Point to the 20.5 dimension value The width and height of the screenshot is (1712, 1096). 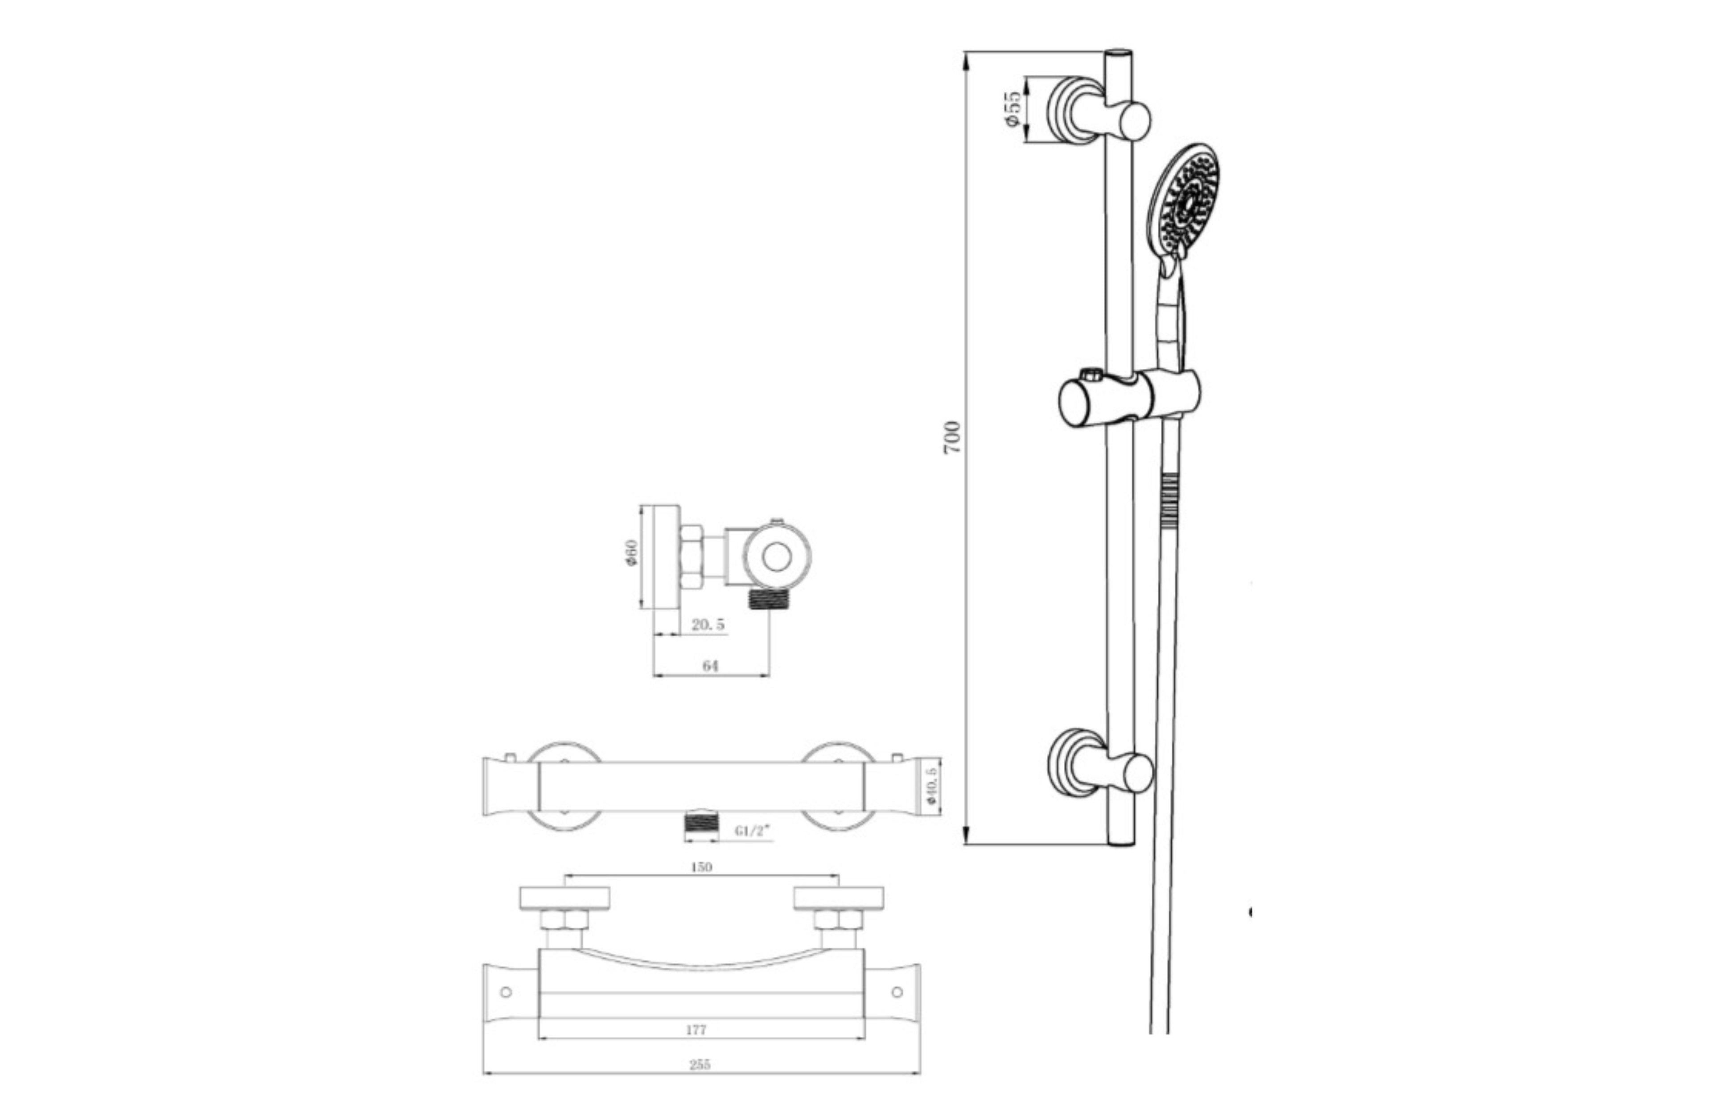point(708,624)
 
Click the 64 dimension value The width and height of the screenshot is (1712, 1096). point(710,665)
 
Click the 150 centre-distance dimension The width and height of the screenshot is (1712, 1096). point(701,867)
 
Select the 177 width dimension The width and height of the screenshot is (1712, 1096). point(696,1029)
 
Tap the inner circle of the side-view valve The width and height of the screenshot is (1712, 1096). point(777,556)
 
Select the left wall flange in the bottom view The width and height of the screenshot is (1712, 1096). point(564,898)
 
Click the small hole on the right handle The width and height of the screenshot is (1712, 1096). point(897,991)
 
